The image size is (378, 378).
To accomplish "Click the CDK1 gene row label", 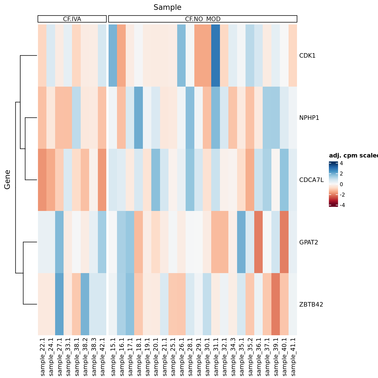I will tap(307, 56).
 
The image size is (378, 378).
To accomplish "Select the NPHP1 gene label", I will tap(309, 118).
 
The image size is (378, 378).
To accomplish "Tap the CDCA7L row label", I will tap(311, 180).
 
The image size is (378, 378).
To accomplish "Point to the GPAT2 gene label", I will tap(309, 242).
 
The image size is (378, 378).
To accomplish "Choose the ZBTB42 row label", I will tap(311, 304).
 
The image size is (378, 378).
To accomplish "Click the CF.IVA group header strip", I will tap(72, 19).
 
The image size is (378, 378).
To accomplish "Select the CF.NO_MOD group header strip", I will tap(202, 19).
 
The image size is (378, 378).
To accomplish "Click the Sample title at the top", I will tap(167, 7).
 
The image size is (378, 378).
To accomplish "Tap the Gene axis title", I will tap(7, 179).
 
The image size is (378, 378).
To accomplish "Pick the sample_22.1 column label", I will tap(42, 357).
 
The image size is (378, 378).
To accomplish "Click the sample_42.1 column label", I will tap(102, 357).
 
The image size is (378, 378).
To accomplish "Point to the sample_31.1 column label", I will tap(216, 357).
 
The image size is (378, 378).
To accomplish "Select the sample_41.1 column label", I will tap(293, 357).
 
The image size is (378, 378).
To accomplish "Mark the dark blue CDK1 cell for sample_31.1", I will tap(216, 56).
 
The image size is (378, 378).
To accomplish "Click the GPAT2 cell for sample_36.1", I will tap(258, 242).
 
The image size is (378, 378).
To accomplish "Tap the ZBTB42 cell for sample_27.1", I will tap(59, 304).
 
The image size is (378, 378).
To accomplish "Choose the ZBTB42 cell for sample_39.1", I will tap(276, 304).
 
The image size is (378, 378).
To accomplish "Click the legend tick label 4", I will tap(341, 163).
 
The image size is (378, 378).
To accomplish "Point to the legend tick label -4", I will tap(342, 205).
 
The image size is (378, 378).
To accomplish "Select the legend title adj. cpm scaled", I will tap(353, 156).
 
